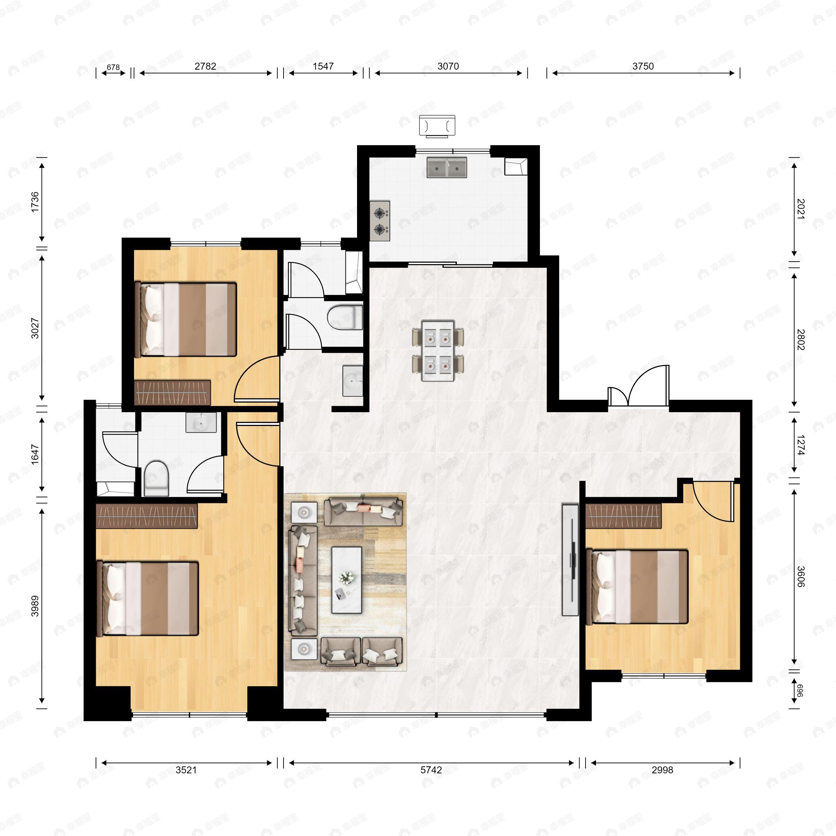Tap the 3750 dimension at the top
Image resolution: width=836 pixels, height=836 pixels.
(x=643, y=66)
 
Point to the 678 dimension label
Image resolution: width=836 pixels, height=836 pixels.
(x=113, y=67)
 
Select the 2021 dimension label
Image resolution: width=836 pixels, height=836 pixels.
(x=800, y=209)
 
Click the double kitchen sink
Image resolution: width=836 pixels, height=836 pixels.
(x=447, y=168)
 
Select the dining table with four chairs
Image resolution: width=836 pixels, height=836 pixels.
(x=438, y=350)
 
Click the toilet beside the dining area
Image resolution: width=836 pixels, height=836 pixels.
(x=345, y=318)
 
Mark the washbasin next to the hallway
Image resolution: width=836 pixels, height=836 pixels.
(x=352, y=381)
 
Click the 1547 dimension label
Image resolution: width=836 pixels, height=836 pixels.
(x=323, y=66)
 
